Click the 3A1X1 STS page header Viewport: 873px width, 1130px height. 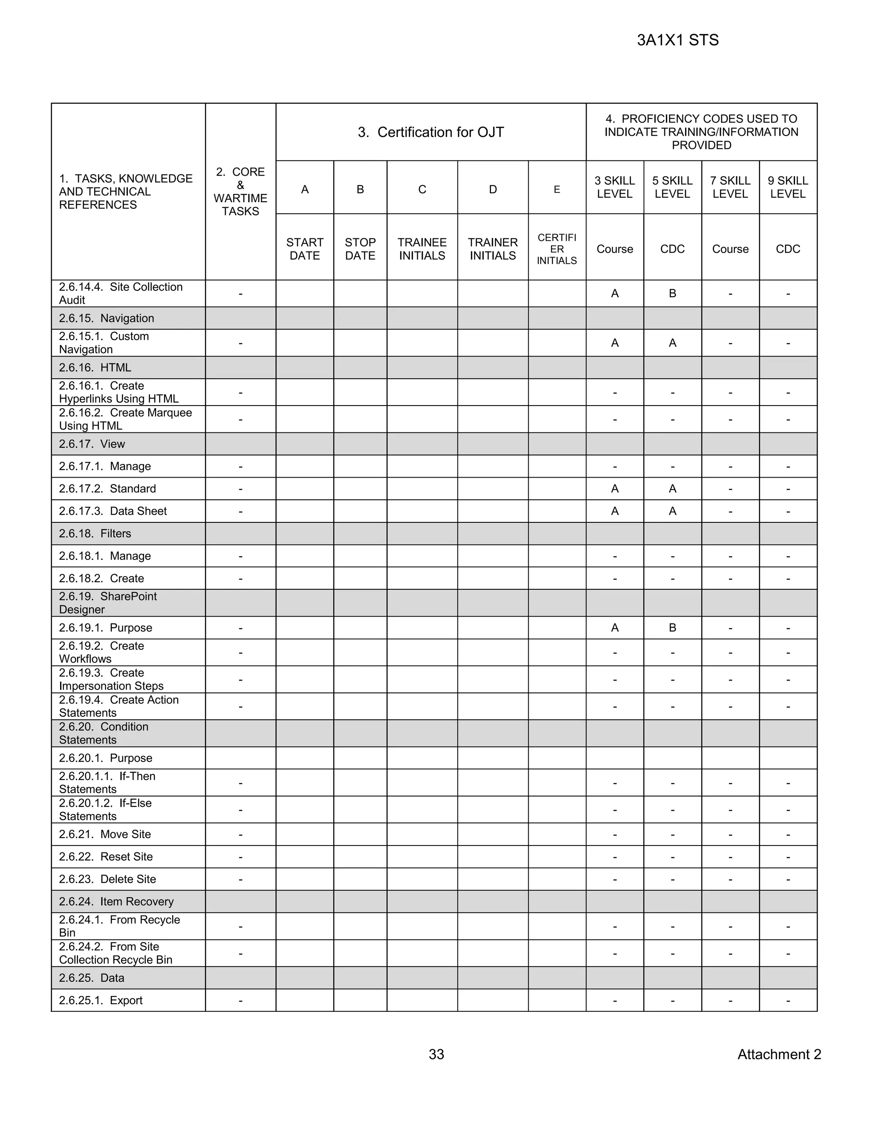(677, 41)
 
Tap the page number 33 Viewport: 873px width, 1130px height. (436, 1054)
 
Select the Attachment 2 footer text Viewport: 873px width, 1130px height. (779, 1054)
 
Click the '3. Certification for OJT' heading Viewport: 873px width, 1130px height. (430, 133)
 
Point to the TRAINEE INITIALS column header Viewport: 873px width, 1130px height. (422, 249)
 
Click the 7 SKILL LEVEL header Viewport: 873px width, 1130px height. (730, 187)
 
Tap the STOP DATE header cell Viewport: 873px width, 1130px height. (360, 249)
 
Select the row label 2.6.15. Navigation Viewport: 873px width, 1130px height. (107, 318)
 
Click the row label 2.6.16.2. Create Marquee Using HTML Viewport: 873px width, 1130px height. (125, 419)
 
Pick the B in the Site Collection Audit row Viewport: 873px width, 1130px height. (672, 293)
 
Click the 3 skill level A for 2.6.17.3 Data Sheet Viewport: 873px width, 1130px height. (614, 511)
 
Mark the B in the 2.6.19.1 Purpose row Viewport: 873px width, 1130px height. (672, 628)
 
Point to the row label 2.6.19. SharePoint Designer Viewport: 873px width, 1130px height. (107, 603)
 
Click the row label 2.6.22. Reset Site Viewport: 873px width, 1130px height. (106, 856)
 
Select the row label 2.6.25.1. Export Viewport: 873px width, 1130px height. (101, 1000)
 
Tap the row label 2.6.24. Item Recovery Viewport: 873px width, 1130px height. (116, 901)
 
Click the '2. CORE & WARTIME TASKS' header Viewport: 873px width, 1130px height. (240, 191)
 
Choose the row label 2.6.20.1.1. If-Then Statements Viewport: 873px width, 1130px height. (107, 782)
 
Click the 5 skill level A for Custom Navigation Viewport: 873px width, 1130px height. (672, 342)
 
